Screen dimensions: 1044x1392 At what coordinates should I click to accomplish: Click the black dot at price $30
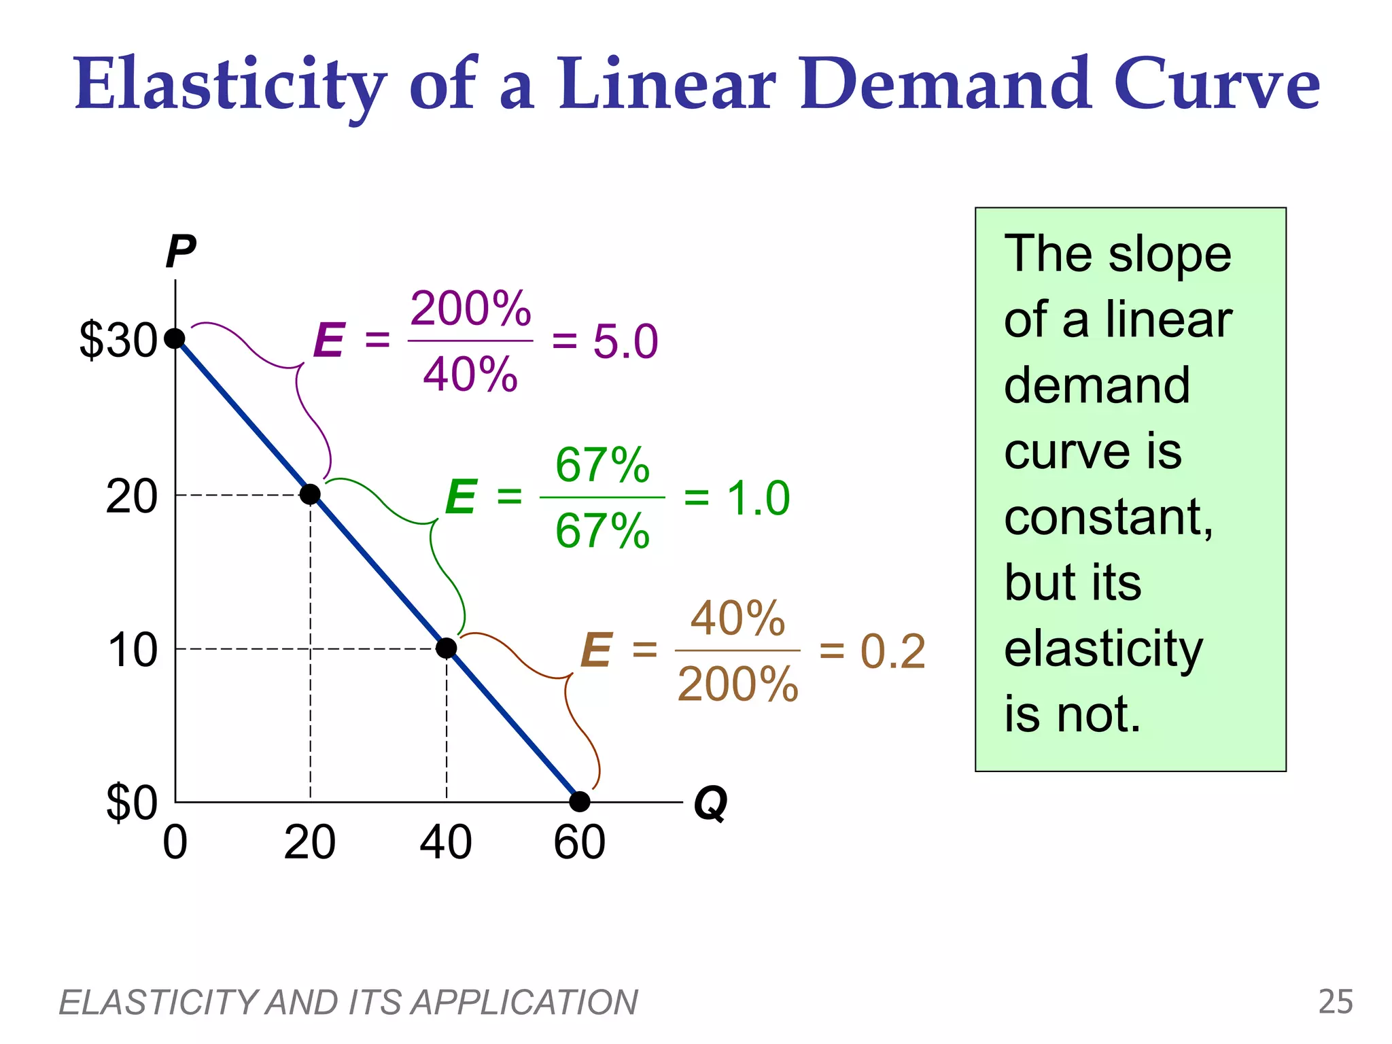[175, 338]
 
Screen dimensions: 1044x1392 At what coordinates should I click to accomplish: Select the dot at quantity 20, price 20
[310, 494]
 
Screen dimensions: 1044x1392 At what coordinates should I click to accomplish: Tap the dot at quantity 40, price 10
[446, 648]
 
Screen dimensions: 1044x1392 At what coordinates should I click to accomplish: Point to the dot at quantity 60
[580, 802]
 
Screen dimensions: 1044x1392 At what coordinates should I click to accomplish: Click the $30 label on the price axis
[118, 340]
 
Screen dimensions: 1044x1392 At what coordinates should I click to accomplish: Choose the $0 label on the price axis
[132, 803]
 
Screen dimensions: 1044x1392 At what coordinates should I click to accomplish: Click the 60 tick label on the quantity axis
[579, 843]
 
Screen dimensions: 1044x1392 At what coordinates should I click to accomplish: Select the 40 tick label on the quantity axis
[445, 843]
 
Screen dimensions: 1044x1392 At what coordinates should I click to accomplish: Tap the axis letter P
[181, 252]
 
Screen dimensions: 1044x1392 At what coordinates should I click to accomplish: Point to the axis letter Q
[710, 804]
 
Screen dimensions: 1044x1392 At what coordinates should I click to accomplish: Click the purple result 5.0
[625, 341]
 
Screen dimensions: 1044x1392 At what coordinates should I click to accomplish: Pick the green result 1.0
[758, 498]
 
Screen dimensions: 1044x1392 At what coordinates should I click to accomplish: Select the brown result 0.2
[892, 652]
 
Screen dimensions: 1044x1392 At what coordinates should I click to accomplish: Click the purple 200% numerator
[470, 309]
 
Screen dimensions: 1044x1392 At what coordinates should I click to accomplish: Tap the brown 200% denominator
[737, 684]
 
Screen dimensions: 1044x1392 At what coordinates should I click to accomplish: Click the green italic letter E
[461, 497]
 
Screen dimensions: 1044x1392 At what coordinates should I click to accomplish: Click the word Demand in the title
[945, 84]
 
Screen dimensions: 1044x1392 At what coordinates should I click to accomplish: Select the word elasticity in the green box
[1103, 649]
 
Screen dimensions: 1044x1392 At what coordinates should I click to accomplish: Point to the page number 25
[1335, 1002]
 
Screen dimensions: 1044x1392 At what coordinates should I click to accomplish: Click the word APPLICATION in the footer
[524, 1003]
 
